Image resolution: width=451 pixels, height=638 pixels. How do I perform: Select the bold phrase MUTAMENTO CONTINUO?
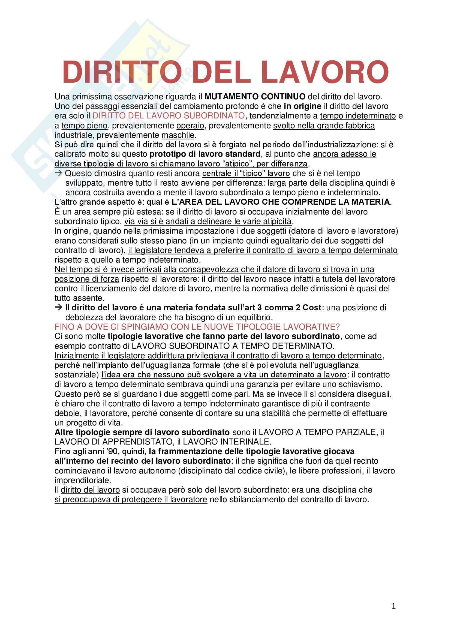click(255, 97)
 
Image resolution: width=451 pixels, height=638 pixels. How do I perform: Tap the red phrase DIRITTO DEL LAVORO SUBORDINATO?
click(169, 116)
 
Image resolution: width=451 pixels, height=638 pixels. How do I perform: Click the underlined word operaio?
click(190, 126)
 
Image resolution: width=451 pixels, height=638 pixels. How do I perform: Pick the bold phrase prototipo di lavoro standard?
click(205, 154)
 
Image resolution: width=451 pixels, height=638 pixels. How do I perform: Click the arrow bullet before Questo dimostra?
click(58, 173)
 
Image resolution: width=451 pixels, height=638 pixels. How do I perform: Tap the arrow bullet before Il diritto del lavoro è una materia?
click(58, 307)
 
